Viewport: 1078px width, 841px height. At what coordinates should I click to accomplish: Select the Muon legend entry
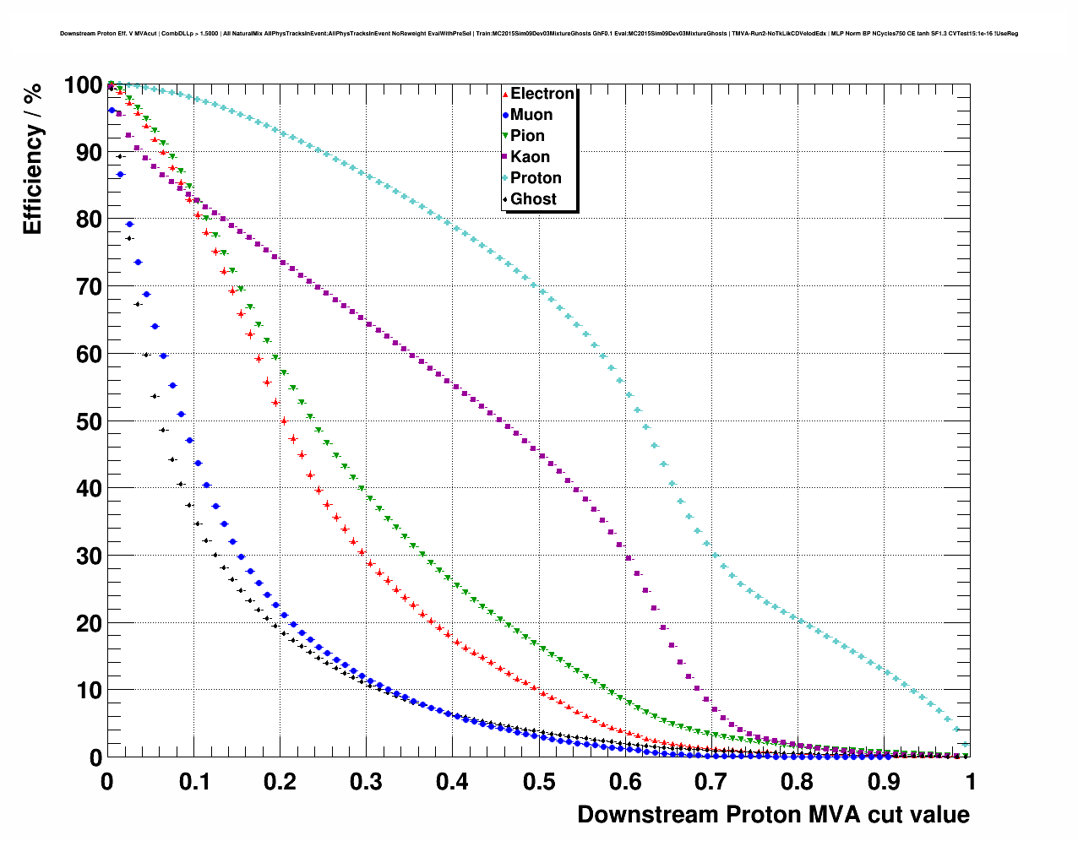coord(531,115)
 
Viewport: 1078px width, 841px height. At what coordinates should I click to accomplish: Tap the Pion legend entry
coord(527,136)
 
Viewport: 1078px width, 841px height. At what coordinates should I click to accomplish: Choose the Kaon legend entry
coord(530,157)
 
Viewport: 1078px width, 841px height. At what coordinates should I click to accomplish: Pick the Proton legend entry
coord(536,178)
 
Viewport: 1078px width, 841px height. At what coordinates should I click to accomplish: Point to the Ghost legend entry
coord(533,199)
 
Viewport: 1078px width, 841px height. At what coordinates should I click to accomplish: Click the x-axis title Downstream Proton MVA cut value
coord(773,815)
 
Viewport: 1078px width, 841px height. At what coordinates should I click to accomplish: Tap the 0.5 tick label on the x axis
coord(539,782)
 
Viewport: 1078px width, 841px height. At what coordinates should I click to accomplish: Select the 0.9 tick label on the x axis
coord(885,782)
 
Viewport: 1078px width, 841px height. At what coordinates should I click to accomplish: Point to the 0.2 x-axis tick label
coord(280,782)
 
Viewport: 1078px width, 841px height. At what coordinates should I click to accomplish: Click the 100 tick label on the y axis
coord(83,85)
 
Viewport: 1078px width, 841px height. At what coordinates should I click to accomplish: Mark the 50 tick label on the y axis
coord(88,421)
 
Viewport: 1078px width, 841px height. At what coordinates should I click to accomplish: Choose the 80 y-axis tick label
coord(88,220)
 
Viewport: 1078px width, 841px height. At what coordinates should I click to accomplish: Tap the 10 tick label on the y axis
coord(88,691)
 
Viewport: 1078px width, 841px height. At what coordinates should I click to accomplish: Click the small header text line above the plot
coord(539,34)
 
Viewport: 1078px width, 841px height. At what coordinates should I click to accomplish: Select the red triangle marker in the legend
coord(505,95)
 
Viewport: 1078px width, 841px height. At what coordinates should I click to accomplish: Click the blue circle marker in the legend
coord(505,116)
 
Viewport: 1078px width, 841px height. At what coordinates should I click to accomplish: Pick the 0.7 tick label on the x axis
coord(712,782)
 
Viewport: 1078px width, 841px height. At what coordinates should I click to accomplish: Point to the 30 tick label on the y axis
coord(88,556)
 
